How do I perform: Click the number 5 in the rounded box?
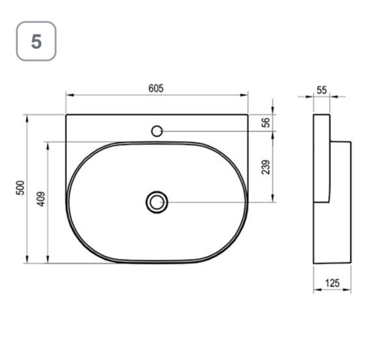click(36, 41)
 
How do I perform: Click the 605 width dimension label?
click(156, 88)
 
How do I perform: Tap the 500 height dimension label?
click(20, 188)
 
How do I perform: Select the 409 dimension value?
click(41, 199)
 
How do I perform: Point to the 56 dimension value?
click(266, 122)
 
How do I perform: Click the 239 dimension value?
click(266, 167)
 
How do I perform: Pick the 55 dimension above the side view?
click(322, 90)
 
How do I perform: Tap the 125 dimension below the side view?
click(332, 283)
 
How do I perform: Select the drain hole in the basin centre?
click(157, 202)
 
